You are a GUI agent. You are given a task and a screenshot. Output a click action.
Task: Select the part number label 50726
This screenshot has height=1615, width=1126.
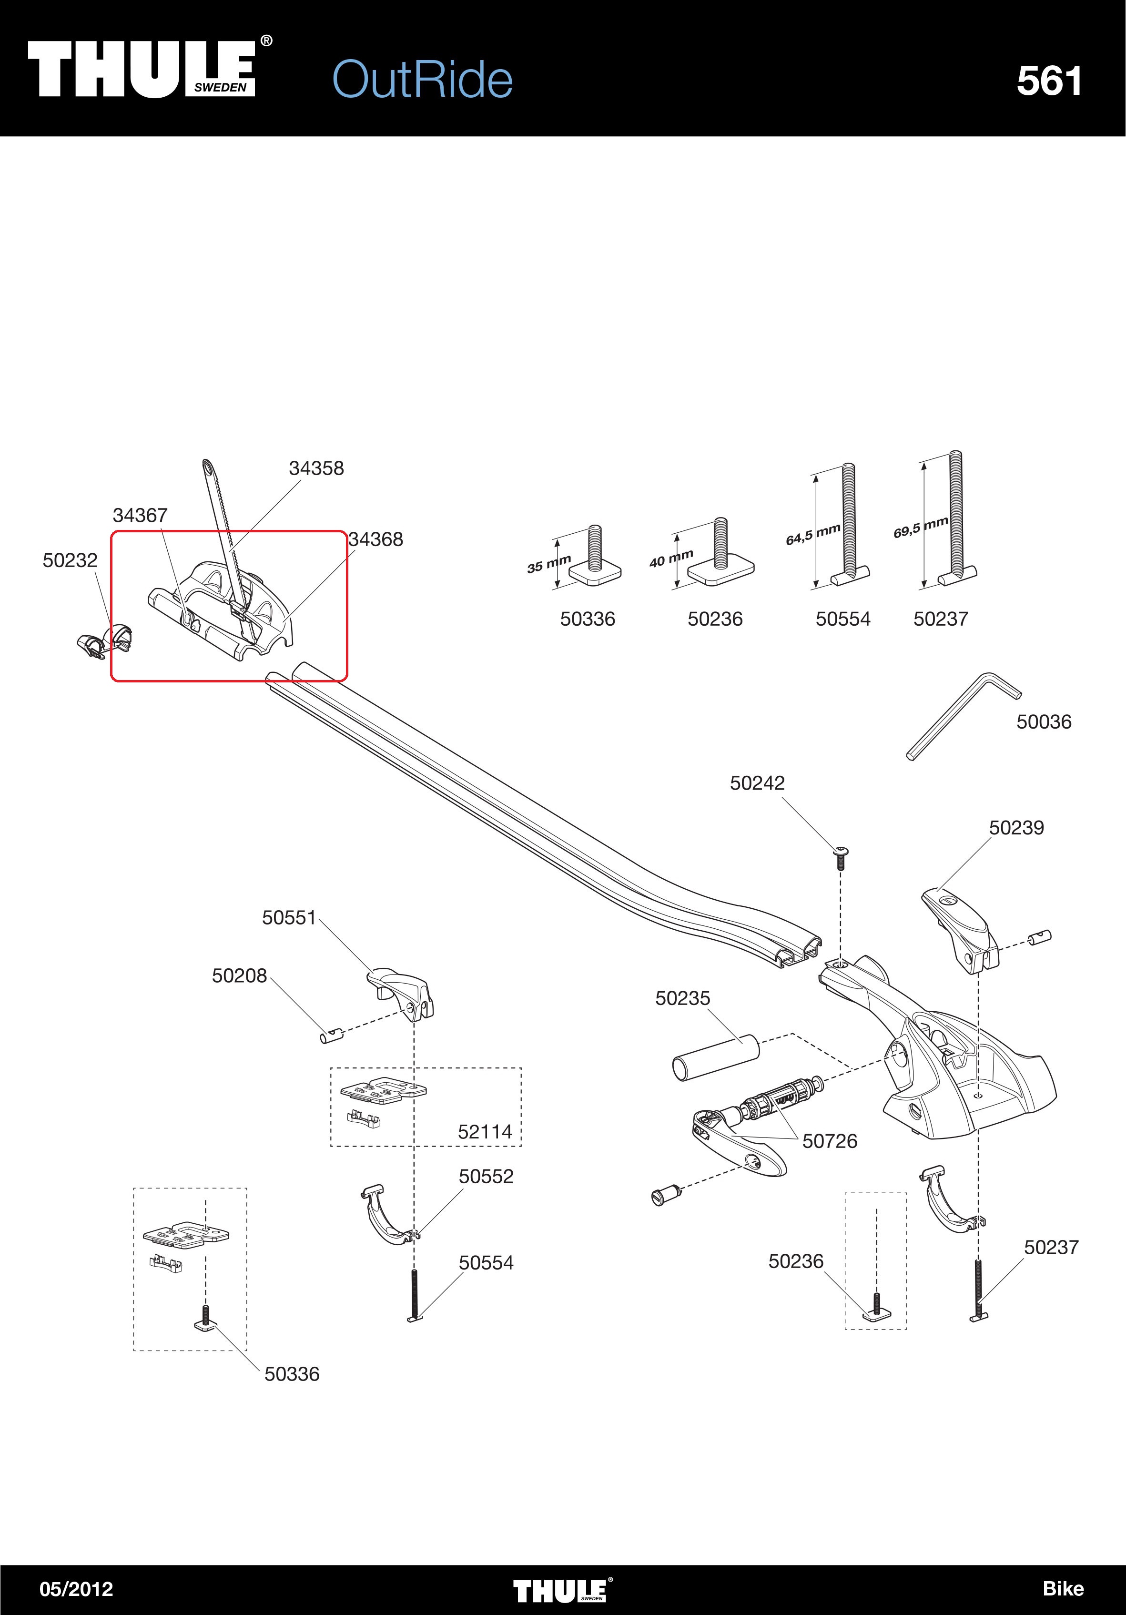point(830,1141)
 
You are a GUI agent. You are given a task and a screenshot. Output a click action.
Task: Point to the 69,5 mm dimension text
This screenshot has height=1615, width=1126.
point(921,527)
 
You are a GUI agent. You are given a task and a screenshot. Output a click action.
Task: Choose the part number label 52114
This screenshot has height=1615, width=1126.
point(485,1132)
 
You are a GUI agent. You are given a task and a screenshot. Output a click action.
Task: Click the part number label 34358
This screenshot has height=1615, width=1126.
point(316,468)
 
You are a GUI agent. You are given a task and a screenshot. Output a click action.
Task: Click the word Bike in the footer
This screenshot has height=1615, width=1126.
point(1063,1589)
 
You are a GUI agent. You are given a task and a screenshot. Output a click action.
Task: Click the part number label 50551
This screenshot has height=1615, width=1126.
point(289,918)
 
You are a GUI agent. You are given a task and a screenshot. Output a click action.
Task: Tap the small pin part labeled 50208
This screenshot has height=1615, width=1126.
point(331,1036)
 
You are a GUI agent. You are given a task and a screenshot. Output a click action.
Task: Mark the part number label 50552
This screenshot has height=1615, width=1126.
point(486,1176)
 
